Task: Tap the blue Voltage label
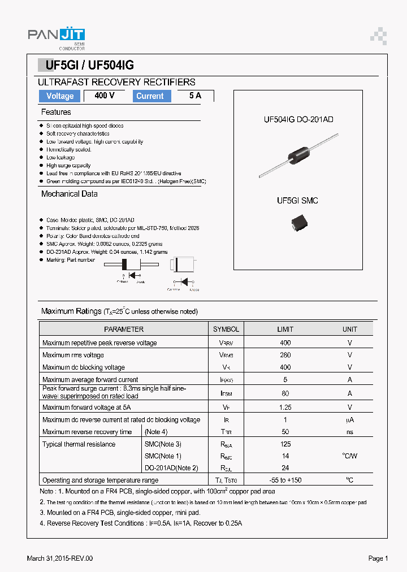60,96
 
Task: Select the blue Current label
150,96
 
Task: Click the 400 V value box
105,96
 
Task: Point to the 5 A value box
195,96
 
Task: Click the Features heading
56,112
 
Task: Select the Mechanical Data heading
69,194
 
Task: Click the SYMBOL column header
226,329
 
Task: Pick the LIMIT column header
285,329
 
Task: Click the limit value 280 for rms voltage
285,355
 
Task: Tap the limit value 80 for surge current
285,393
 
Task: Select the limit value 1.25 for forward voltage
285,407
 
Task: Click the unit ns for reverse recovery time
349,432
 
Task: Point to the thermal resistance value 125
285,444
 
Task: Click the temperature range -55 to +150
285,480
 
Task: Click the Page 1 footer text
378,558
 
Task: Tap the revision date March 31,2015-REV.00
60,558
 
